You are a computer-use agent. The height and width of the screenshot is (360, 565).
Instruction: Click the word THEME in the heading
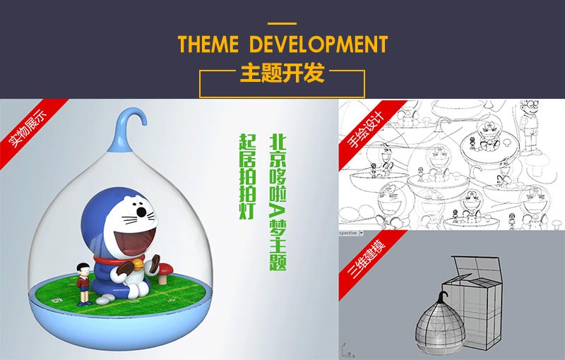208,44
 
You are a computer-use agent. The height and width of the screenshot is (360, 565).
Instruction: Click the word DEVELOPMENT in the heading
319,44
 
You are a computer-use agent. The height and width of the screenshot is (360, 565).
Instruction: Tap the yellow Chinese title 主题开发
282,73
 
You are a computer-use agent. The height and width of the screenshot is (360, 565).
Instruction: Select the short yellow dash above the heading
282,24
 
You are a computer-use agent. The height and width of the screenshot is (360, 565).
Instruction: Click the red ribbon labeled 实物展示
29,130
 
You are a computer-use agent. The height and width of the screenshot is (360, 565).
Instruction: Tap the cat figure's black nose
141,212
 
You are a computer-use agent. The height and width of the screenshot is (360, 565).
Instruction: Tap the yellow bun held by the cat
138,266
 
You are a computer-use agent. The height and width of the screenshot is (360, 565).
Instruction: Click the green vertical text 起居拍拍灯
248,176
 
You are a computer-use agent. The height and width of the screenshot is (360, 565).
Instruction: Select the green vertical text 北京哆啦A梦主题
278,203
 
